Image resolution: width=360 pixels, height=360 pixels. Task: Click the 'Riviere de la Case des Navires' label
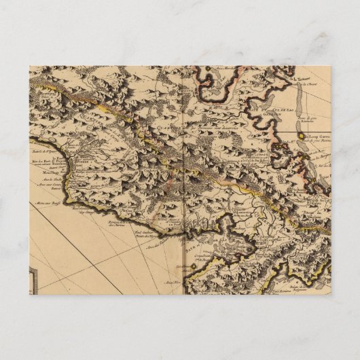[120, 223]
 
